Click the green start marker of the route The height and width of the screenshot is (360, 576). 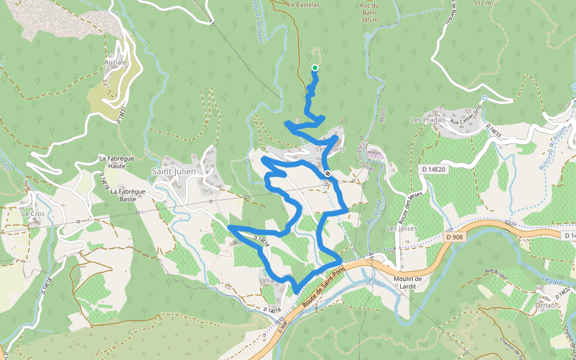314,68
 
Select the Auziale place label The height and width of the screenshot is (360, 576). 116,62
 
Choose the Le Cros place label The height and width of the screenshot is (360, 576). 34,213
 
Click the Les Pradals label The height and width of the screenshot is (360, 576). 428,119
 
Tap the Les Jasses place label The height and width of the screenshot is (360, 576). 401,229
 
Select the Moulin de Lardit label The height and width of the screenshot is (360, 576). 409,282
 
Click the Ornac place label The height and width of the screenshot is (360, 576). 545,305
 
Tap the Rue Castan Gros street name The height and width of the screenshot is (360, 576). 466,118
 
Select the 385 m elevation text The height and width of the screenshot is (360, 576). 370,20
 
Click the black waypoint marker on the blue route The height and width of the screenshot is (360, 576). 328,173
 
